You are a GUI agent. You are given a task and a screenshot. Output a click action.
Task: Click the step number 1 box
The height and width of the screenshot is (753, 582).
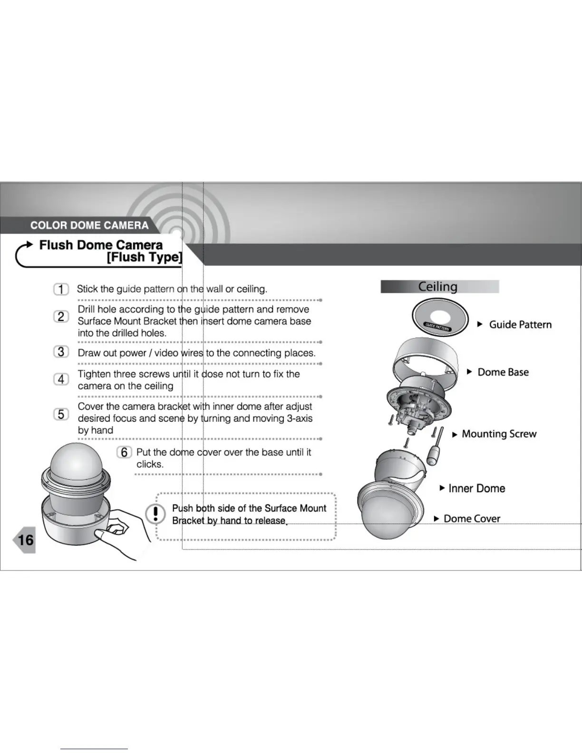(x=61, y=289)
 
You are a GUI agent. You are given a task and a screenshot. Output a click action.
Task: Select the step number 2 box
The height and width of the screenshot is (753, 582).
(x=61, y=317)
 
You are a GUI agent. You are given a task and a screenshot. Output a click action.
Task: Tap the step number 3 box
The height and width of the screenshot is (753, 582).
(x=61, y=352)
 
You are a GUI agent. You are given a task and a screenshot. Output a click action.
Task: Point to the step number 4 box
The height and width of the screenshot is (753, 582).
(x=61, y=379)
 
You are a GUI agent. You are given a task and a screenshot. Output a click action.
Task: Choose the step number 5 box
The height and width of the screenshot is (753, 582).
(x=61, y=415)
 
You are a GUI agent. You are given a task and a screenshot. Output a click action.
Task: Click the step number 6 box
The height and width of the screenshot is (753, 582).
(x=124, y=452)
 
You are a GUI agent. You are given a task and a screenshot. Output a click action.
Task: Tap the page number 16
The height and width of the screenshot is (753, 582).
(x=25, y=540)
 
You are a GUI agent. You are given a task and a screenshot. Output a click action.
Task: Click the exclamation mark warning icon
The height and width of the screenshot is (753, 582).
(x=155, y=514)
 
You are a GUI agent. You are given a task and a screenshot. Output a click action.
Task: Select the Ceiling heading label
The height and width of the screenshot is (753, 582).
(x=438, y=287)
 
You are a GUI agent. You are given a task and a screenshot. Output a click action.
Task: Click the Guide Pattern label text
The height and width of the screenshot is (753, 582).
(x=520, y=325)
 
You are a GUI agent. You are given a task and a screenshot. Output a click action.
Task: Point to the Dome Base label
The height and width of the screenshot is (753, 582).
(x=503, y=372)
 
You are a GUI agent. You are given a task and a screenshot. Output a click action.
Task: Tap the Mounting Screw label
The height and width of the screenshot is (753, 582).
(x=499, y=434)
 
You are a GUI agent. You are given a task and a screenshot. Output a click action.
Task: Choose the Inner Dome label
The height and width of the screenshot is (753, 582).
(x=476, y=488)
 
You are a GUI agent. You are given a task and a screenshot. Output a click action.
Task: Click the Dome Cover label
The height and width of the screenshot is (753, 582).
(x=472, y=519)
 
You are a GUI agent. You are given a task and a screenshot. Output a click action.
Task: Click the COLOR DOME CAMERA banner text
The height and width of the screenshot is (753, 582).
(x=89, y=225)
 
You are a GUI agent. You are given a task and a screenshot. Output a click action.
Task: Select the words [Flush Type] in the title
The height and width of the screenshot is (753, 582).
(x=145, y=257)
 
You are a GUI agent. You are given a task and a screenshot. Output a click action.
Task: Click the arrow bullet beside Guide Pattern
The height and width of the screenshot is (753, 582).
(x=480, y=324)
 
